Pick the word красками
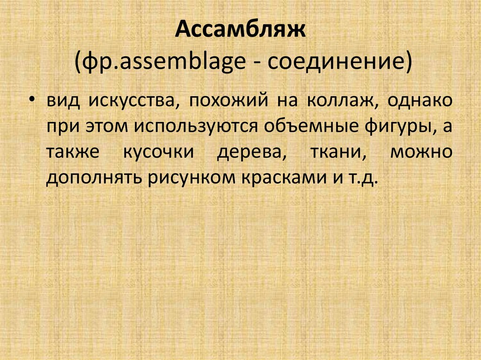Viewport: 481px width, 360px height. (274, 179)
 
